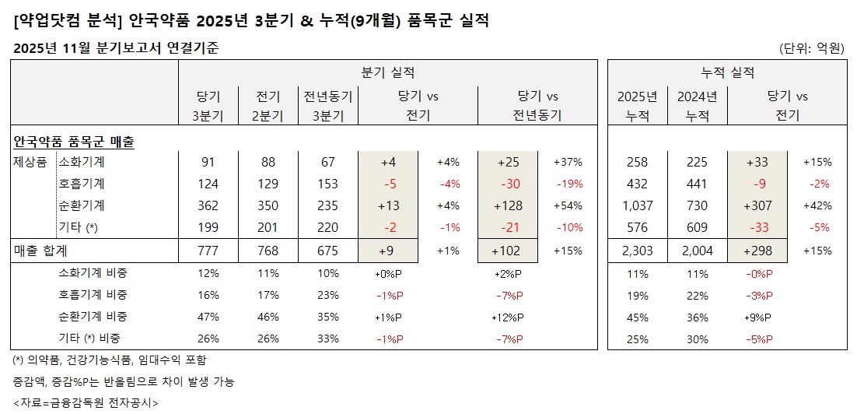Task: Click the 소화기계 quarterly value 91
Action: (x=208, y=163)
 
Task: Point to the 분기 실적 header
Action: (x=388, y=72)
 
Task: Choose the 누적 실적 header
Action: (x=727, y=72)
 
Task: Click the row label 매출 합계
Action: (x=40, y=251)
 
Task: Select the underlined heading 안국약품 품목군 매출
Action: (x=74, y=142)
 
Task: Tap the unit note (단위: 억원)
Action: (x=811, y=48)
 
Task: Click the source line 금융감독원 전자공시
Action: (x=86, y=402)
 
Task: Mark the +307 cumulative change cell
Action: (x=757, y=206)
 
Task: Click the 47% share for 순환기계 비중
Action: (x=208, y=317)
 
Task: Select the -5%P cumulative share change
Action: (x=757, y=339)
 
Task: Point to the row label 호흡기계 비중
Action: (x=93, y=295)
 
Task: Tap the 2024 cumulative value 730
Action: (x=698, y=206)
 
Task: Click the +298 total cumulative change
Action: (x=757, y=251)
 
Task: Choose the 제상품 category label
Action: (x=30, y=163)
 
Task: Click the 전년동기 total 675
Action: (x=327, y=251)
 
